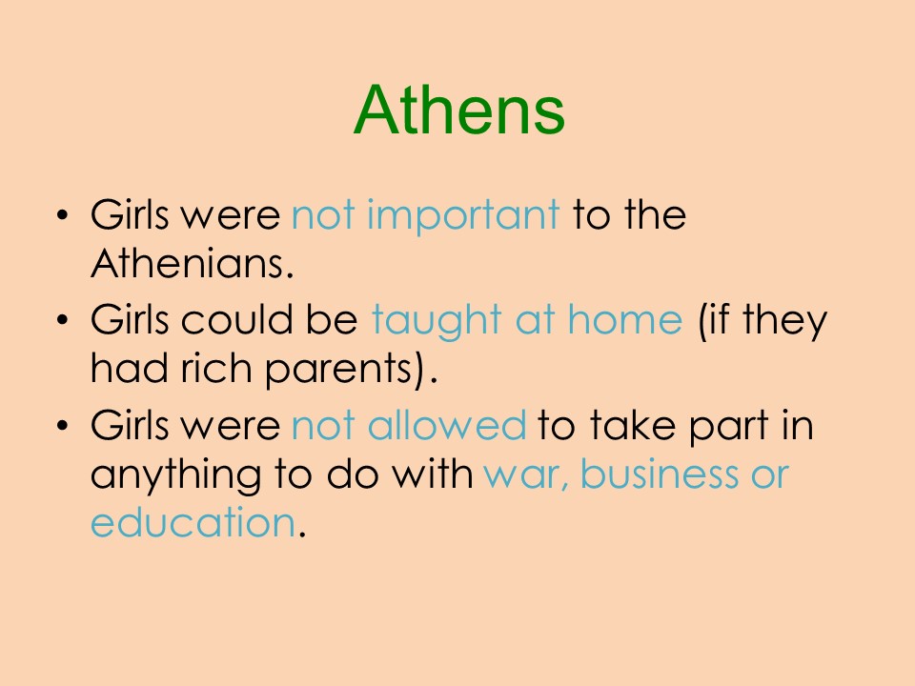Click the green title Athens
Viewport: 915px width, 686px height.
click(458, 110)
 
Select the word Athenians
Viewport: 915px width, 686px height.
click(192, 263)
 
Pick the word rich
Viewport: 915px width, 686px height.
click(216, 368)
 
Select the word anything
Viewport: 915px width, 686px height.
click(175, 475)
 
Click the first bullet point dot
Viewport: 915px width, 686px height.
click(62, 214)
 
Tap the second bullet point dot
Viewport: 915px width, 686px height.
click(62, 320)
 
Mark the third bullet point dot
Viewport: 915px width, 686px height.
click(62, 425)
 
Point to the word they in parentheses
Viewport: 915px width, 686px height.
click(785, 322)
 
